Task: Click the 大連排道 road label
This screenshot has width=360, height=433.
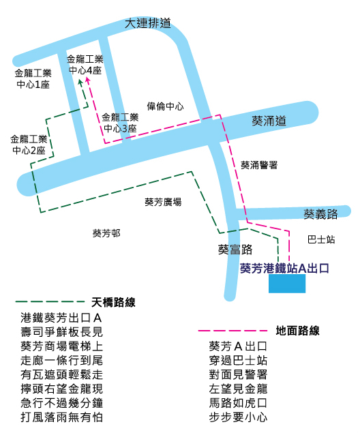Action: coord(148,23)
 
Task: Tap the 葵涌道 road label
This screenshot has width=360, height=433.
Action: coord(269,121)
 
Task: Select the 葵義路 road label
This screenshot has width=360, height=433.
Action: coord(320,213)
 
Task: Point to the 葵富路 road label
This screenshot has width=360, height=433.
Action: coord(235,250)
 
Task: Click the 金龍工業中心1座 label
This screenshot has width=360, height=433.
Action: coord(33,78)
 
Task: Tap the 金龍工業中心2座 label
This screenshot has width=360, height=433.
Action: coord(29,145)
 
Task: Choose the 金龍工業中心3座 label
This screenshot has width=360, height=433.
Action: coord(120,123)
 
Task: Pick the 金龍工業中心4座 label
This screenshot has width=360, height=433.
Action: coord(85,65)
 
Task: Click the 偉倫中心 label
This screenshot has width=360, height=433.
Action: coord(165,106)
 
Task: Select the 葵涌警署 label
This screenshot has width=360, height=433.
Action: coord(259,165)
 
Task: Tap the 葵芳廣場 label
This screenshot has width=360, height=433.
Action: coord(163,202)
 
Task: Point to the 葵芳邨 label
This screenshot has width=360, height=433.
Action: coord(106,233)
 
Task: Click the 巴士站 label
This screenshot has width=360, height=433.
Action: coord(321,239)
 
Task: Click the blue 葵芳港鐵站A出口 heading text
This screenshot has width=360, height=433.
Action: coord(284,268)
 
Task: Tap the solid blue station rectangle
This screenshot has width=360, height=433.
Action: coord(287,284)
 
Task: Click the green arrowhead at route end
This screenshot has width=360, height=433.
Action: coord(80,83)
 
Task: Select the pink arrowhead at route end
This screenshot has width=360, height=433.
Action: coord(88,80)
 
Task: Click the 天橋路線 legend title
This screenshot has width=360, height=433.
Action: coord(113,302)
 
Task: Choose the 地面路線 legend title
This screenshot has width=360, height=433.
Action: coord(297,331)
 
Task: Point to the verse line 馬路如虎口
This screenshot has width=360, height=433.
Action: coord(238,402)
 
